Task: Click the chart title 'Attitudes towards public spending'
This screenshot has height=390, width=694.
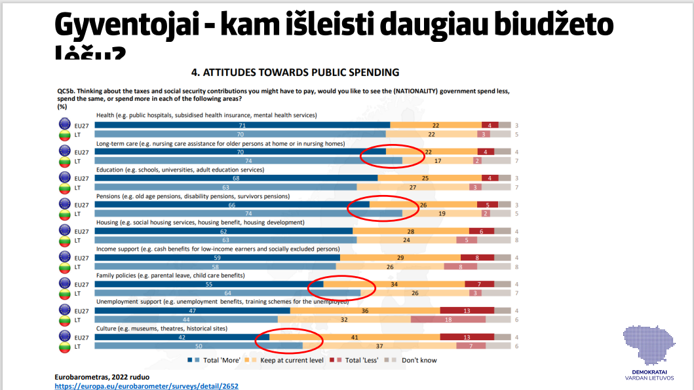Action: (x=294, y=72)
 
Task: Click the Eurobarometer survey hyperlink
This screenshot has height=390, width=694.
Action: (x=146, y=386)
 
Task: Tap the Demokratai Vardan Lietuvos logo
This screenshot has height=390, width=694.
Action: (x=657, y=354)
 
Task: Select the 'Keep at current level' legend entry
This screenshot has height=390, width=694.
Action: (x=288, y=360)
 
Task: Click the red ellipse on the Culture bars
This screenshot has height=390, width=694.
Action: (x=289, y=340)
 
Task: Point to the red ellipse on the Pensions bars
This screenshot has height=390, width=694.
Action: (x=383, y=208)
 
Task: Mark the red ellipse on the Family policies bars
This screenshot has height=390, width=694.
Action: (x=341, y=287)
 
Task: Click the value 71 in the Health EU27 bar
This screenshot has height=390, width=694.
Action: (x=242, y=125)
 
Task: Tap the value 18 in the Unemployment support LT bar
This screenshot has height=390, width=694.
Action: (x=448, y=319)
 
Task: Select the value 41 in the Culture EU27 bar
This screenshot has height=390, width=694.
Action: (x=354, y=337)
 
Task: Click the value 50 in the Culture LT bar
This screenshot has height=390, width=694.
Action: (x=199, y=346)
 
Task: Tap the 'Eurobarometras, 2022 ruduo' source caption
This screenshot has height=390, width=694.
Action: (x=102, y=377)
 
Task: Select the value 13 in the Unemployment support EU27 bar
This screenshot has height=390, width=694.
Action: (x=466, y=311)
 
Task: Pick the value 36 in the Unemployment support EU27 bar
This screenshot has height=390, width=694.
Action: (x=365, y=311)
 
